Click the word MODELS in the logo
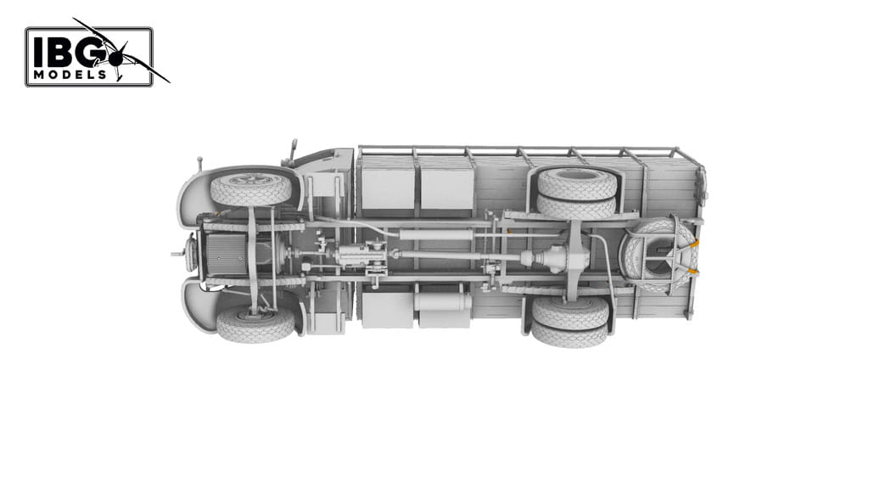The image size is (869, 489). (70, 75)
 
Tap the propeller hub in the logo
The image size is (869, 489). (116, 59)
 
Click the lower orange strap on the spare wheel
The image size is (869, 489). (692, 271)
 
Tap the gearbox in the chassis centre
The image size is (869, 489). (361, 255)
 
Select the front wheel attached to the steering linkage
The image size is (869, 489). (255, 323)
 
